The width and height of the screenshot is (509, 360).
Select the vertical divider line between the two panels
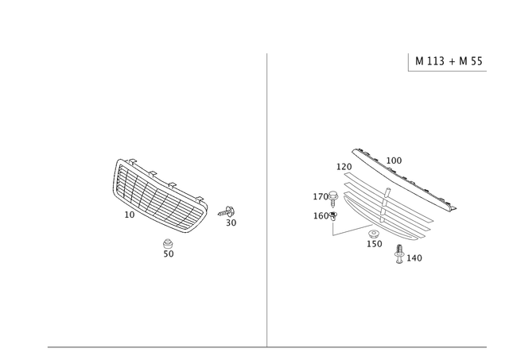click(266, 199)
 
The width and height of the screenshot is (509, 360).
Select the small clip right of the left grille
click(228, 211)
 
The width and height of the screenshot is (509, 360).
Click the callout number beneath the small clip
click(231, 223)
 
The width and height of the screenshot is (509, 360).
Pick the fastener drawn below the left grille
click(168, 242)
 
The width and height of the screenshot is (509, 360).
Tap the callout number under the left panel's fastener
click(168, 254)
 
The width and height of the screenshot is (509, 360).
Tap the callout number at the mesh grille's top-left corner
click(343, 166)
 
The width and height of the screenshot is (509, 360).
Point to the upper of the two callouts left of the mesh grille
click(325, 195)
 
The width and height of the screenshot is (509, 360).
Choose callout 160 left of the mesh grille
click(323, 215)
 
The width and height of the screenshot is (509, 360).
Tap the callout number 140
click(415, 257)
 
